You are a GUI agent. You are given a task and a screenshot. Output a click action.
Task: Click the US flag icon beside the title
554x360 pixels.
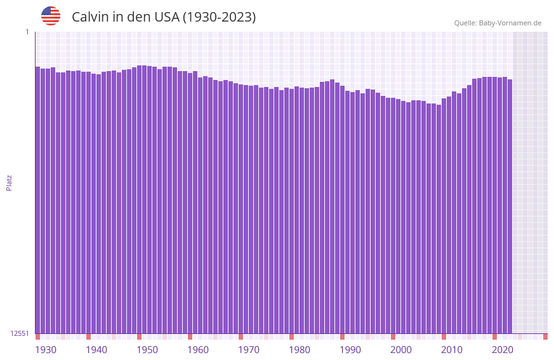51,16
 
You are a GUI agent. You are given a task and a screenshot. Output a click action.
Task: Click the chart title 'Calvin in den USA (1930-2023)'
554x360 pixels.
164,17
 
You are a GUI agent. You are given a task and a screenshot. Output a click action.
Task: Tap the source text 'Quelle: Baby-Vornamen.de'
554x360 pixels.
498,23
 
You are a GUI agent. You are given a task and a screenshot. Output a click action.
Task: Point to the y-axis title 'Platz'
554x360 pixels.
9,182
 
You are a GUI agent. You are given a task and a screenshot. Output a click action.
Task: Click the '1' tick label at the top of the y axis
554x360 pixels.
27,32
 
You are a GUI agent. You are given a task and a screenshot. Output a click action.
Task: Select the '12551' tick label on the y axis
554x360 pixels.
20,333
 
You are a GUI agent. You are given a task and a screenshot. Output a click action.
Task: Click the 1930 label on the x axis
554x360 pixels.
46,350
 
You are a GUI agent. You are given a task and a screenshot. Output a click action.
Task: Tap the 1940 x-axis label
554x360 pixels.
96,350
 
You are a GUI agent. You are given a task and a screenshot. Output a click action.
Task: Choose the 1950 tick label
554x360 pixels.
147,350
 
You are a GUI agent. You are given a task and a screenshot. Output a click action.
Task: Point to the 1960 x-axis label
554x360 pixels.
198,350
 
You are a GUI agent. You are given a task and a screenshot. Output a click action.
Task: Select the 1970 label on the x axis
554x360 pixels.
249,350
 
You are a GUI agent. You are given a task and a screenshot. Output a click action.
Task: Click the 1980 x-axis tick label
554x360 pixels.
300,350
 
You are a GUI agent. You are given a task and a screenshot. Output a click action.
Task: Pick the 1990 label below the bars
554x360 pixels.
350,350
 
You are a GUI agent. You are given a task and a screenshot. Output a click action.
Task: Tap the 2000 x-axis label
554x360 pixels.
401,350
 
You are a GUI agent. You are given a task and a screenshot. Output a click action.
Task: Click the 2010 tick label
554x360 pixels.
452,350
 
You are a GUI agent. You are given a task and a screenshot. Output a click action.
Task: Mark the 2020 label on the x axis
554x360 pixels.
503,350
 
